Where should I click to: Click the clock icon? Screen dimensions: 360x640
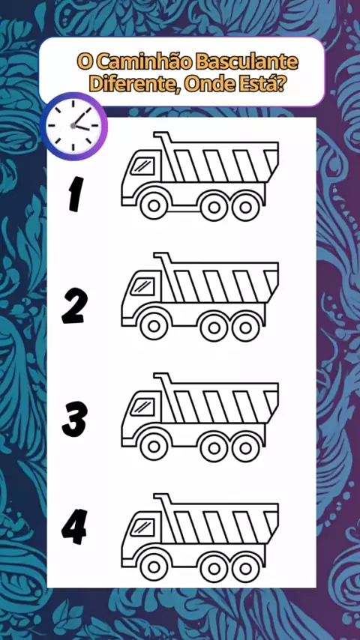73,126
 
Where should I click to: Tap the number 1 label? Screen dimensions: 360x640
74,193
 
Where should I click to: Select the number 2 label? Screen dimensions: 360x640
74,306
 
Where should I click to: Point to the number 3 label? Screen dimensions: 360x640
74,420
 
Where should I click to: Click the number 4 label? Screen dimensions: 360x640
74,527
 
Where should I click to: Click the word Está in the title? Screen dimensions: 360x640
260,83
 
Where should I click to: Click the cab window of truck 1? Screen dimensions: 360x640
142,167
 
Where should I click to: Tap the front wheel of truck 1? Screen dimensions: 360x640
154,206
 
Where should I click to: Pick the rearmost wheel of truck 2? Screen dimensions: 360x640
245,327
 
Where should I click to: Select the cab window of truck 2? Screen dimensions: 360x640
142,287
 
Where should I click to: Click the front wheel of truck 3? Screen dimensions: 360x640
154,447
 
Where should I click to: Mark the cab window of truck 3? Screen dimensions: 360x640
142,408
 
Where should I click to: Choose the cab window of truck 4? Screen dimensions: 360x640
142,528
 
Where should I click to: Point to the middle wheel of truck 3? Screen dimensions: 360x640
214,447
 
